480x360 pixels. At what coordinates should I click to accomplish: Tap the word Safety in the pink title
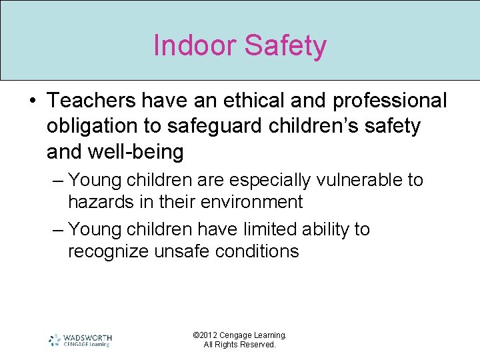click(x=286, y=45)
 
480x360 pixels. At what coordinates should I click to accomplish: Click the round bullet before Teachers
click(x=34, y=101)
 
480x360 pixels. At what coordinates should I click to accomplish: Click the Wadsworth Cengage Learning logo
click(x=80, y=340)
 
